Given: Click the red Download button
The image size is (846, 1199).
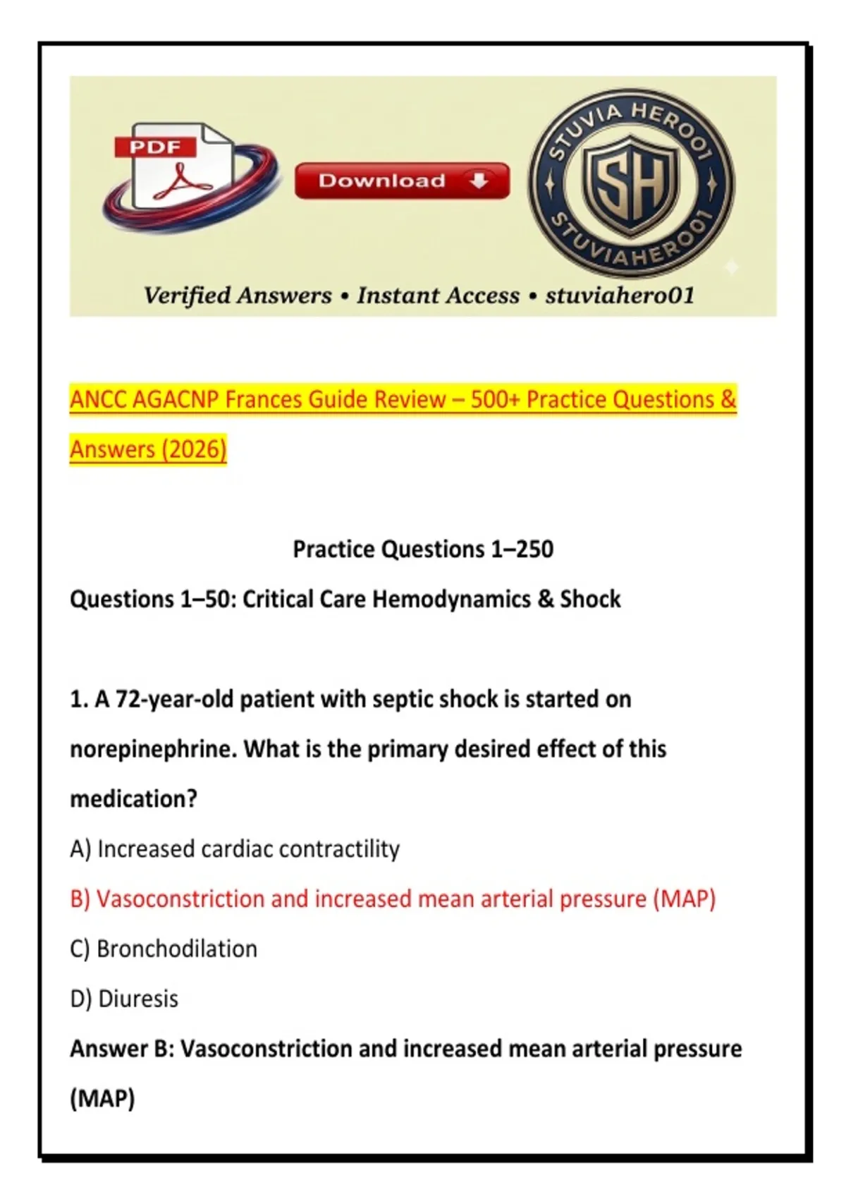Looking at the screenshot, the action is tap(402, 181).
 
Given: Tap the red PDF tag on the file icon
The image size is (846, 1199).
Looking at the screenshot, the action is tap(155, 147).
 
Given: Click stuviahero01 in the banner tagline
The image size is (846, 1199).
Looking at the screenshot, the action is tap(620, 296).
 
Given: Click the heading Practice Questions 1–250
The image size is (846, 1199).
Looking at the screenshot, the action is tap(423, 549).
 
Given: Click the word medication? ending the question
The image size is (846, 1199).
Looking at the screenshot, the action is tap(134, 799).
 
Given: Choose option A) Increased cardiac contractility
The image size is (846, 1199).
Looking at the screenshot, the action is tap(235, 849).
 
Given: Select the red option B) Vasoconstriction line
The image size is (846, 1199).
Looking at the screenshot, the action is tap(393, 899).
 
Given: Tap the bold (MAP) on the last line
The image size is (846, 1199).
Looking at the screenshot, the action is tap(102, 1100).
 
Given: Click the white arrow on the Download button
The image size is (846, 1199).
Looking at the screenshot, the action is tap(479, 181).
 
